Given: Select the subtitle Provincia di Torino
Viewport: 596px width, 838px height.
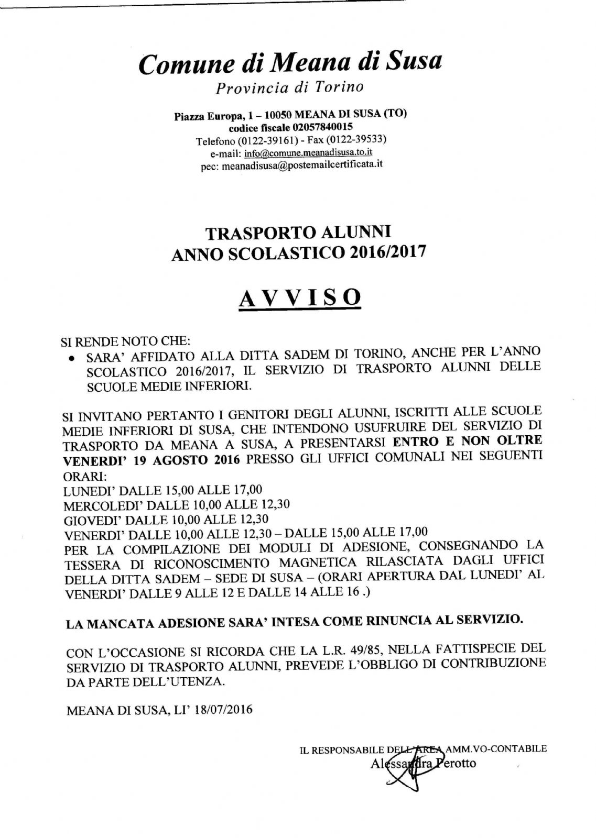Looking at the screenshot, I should (290, 87).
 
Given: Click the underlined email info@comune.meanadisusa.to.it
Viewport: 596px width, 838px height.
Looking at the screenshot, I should (308, 153).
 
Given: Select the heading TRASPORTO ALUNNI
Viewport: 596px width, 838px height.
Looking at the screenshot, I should (298, 232).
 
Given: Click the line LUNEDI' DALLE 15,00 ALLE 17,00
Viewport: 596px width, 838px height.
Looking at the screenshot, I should (162, 490).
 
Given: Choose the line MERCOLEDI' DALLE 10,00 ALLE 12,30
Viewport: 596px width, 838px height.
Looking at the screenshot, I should (177, 505).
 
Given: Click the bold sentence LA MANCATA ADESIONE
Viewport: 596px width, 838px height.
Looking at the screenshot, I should (294, 622).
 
